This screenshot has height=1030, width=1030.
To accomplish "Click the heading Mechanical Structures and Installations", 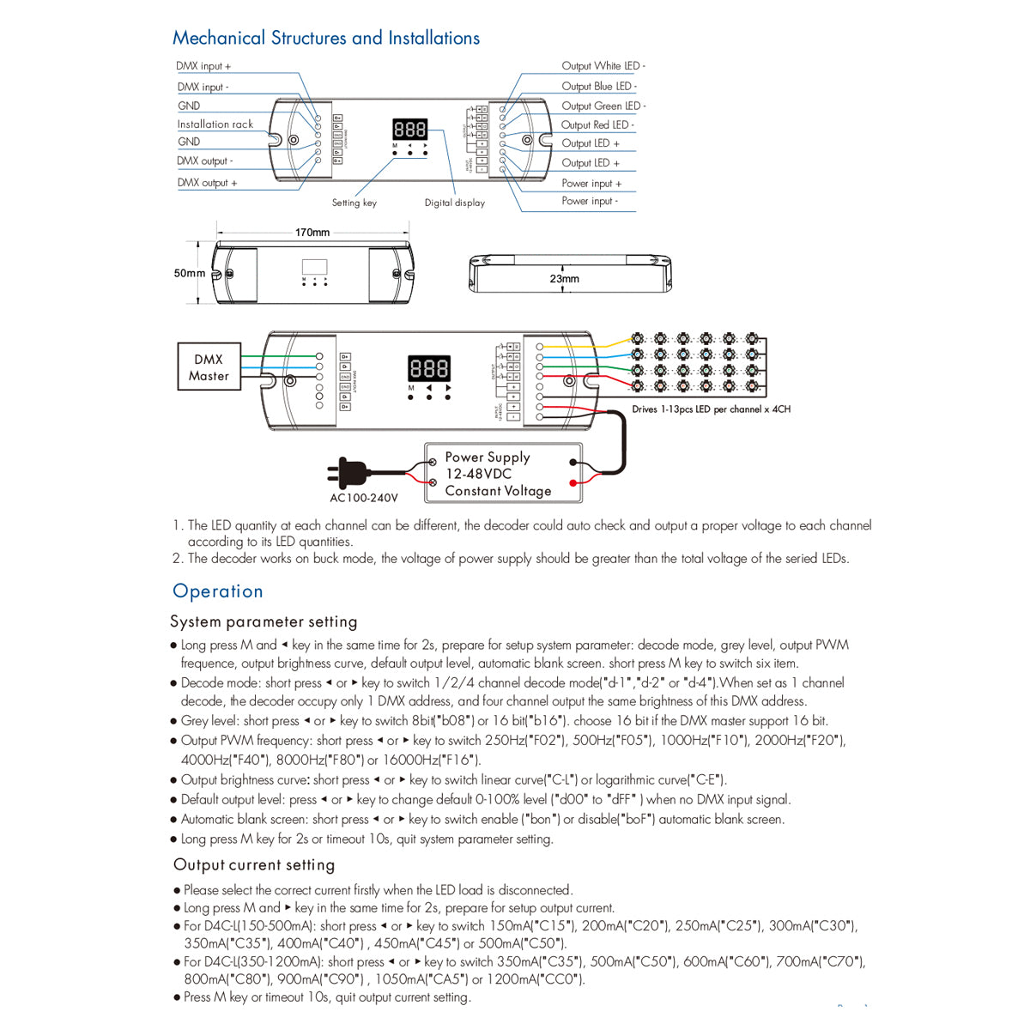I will [326, 38].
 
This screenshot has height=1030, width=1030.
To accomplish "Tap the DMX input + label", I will [203, 66].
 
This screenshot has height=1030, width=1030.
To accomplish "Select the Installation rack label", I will [215, 124].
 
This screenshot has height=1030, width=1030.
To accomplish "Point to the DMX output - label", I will [205, 161].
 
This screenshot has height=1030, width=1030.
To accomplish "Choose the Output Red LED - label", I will [598, 125].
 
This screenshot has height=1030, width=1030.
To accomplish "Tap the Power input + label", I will [591, 183].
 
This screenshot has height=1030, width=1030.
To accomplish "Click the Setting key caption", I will [354, 203].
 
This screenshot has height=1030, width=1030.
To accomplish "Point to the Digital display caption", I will [455, 203].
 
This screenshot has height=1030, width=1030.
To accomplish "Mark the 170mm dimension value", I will [312, 233].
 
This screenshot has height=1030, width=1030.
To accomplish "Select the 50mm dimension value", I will [190, 274].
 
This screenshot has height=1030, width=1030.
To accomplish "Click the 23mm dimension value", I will [565, 279].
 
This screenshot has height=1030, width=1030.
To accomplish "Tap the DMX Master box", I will [209, 367].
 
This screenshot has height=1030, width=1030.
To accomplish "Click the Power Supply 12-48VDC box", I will [503, 474].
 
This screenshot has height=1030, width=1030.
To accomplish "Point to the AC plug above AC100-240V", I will [348, 473].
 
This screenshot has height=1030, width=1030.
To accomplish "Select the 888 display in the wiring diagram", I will [429, 368].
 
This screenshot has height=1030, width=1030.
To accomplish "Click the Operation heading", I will [218, 591].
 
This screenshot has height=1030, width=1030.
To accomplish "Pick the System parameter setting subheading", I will [264, 621].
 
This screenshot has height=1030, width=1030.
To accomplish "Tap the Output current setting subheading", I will [254, 865].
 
